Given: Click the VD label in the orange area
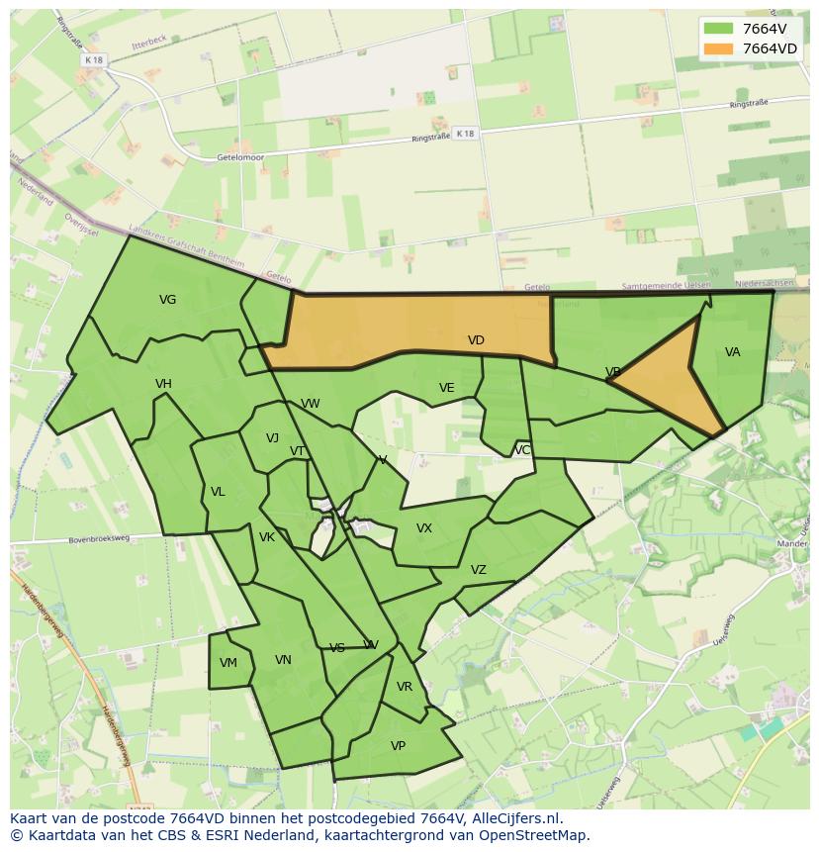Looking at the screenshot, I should point(476,340).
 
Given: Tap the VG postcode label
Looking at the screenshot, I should point(167,300).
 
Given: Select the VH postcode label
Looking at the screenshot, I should point(163,384).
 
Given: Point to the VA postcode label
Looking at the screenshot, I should point(732,352).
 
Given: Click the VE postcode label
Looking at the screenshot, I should point(446,388).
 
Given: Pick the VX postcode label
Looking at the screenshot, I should point(423,528).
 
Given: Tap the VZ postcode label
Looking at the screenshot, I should point(478,570).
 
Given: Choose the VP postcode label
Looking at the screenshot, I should point(398,746).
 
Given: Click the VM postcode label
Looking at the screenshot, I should point(228,663).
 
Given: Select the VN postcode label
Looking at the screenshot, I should point(283,660).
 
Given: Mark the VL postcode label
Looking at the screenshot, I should point(218,492).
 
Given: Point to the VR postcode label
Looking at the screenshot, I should point(404,687).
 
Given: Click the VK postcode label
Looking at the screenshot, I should point(266,537).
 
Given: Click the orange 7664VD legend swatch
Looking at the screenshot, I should point(718,48).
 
